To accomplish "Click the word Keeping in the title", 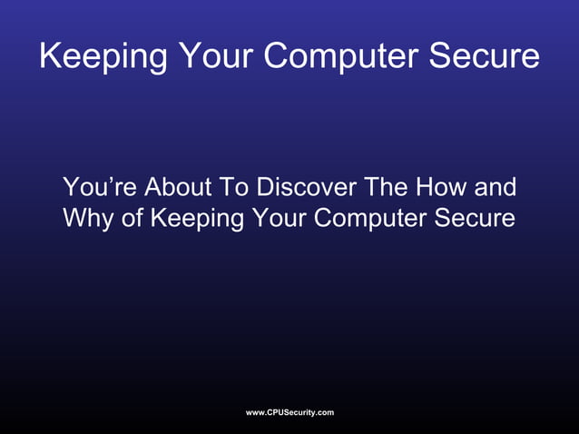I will pyautogui.click(x=103, y=56).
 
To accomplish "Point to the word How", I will pyautogui.click(x=443, y=188).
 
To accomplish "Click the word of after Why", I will pyautogui.click(x=132, y=219).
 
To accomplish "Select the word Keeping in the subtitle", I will pyautogui.click(x=191, y=219).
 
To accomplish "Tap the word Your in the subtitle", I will pyautogui.click(x=270, y=219).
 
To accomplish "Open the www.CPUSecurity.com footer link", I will pyautogui.click(x=289, y=413).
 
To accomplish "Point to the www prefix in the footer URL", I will pyautogui.click(x=255, y=413).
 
